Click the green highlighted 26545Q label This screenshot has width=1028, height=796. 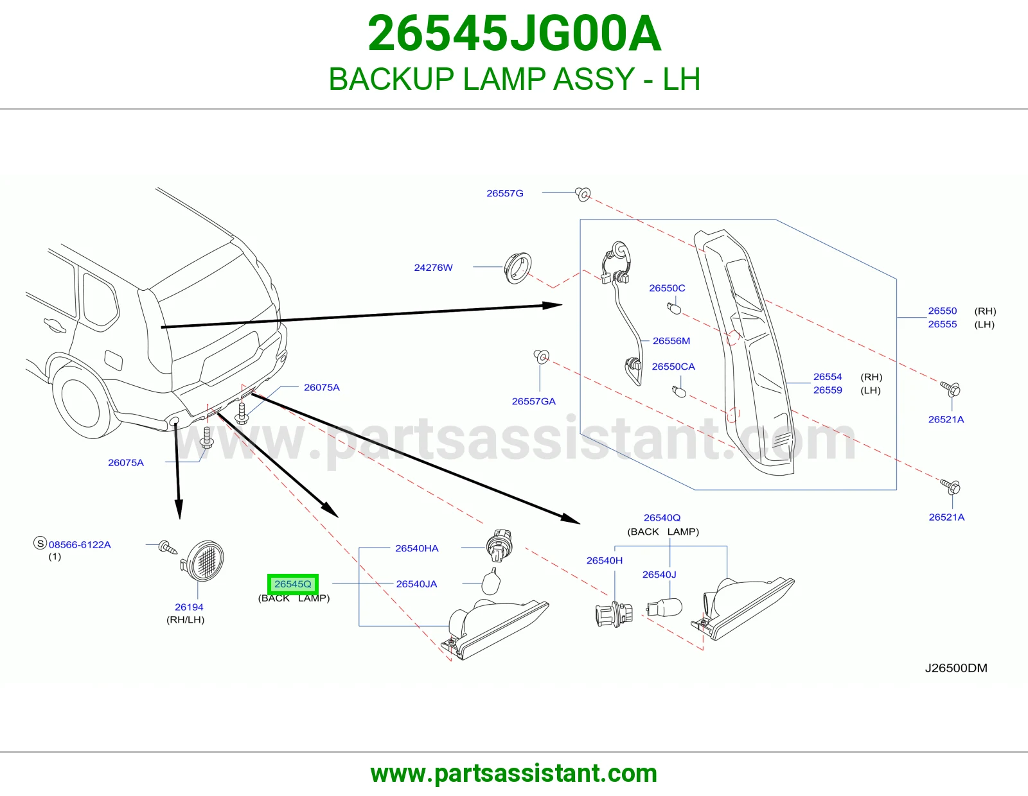293,584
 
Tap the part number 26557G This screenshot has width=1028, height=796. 505,193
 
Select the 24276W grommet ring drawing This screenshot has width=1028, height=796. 518,268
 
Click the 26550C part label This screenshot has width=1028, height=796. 667,288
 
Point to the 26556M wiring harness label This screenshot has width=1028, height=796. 671,341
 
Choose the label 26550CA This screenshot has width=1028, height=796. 673,367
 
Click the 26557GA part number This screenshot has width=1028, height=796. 534,401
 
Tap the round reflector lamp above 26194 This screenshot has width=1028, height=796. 203,560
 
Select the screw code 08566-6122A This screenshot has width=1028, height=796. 80,544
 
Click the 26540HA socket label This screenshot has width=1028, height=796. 417,548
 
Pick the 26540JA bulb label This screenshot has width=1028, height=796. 416,584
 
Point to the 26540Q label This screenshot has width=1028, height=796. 662,518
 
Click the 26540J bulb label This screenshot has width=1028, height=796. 659,575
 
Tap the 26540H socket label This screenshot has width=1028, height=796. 604,560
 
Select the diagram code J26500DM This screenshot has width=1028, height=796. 956,668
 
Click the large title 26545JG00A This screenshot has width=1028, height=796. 514,34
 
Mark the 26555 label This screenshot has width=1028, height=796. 942,324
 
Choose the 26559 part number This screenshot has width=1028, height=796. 828,390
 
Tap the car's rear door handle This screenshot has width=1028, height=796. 55,325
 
